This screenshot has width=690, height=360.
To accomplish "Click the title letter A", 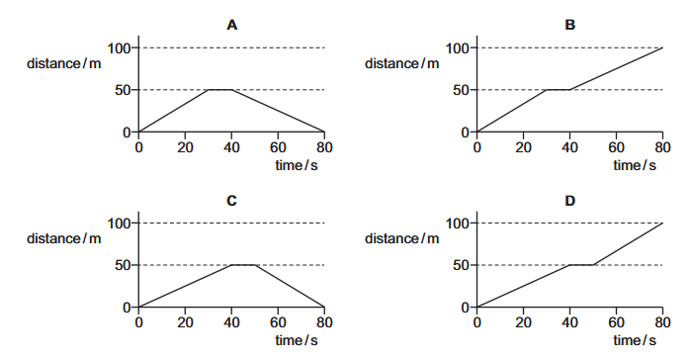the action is (x=232, y=25).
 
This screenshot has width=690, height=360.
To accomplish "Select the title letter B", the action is (x=569, y=25).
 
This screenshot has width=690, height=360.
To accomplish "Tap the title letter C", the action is (x=232, y=201).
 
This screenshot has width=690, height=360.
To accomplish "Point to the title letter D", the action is (x=569, y=201).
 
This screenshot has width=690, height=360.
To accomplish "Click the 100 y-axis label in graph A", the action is (x=120, y=48).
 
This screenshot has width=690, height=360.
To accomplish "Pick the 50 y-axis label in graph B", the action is (x=462, y=90).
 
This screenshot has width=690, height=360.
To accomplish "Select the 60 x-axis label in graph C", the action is (x=278, y=322).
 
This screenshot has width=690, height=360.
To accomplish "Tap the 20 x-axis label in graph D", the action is (x=523, y=322).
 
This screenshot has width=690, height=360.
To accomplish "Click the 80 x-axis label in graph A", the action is (x=324, y=147).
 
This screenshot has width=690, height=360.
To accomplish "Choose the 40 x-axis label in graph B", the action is (x=569, y=147).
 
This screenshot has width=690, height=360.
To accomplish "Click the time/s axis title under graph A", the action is (x=297, y=165).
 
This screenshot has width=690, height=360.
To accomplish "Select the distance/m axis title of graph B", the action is (x=401, y=64).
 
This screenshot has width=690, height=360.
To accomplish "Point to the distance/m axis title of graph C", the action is (x=64, y=238).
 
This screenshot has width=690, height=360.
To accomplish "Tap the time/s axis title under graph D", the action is (x=634, y=340).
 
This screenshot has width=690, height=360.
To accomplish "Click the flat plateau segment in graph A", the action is (x=220, y=90).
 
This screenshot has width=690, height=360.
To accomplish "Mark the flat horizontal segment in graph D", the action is (x=581, y=265).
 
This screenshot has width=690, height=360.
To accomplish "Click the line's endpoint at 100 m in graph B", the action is (x=662, y=47).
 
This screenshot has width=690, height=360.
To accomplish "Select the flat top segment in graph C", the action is (x=243, y=265).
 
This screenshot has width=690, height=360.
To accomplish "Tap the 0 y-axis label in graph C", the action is (x=127, y=308).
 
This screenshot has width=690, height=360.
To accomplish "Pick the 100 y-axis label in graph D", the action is (x=458, y=224).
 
